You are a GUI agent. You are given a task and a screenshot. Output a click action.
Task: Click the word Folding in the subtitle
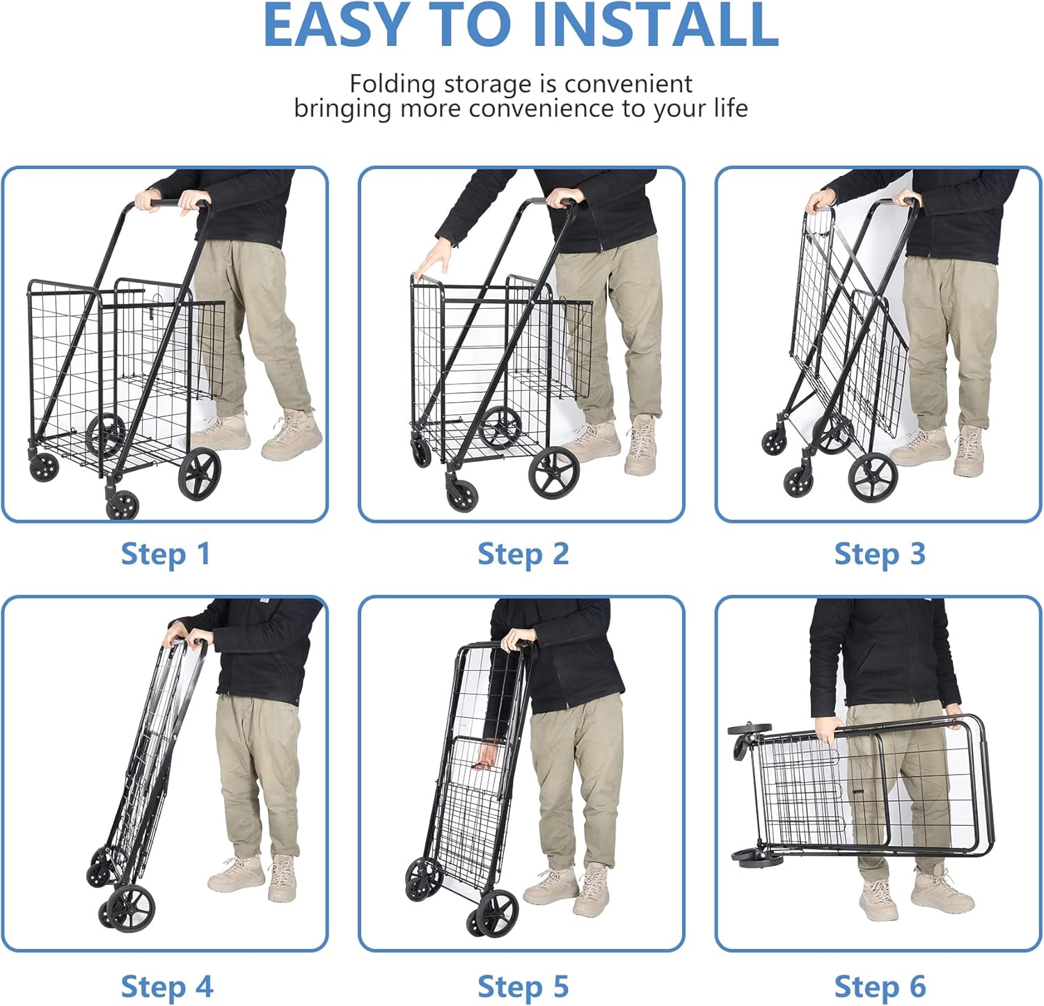coord(393,84)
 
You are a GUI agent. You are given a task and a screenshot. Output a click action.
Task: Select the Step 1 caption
coord(166,554)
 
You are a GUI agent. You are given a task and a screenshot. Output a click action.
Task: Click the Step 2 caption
coord(523,554)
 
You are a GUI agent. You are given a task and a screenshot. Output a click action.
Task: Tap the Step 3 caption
coord(880,554)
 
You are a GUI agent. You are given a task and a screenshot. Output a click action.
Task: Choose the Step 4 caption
coord(167,987)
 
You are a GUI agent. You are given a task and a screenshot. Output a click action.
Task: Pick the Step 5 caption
coord(523,987)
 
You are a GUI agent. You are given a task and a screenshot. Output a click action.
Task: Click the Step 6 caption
coord(880,987)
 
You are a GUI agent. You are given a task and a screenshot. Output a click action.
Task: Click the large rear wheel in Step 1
coord(200,474)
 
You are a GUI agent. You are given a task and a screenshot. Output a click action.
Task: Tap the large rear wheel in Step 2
coord(554,473)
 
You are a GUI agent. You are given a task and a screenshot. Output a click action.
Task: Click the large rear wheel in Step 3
coord(873,477)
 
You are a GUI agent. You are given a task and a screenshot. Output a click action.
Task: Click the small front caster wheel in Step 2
coord(461,493)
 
